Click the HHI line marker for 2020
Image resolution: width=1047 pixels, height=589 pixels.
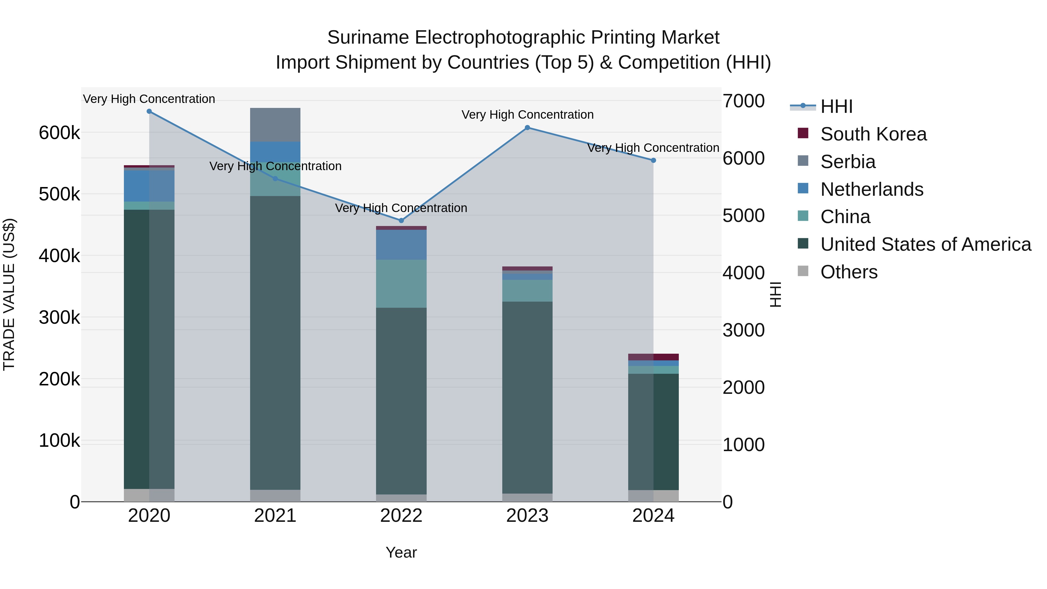[149, 111]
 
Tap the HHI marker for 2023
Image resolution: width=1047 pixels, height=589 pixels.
[527, 128]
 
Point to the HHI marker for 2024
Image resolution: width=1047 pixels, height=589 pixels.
[654, 161]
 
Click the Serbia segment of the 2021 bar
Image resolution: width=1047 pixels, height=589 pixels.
[275, 125]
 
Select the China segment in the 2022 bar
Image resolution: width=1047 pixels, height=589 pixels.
[401, 284]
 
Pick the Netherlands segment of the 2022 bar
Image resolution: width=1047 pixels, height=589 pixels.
[401, 245]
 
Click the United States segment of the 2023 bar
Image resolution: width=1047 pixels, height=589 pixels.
[527, 398]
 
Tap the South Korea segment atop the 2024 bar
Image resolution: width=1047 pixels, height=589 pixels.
[654, 357]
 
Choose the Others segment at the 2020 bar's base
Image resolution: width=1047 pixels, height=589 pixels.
[149, 495]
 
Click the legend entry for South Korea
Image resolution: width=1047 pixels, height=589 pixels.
[873, 134]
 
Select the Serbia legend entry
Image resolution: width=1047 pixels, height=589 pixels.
[847, 162]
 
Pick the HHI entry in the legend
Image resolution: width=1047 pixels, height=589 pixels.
[836, 106]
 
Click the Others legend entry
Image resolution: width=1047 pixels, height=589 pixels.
[849, 272]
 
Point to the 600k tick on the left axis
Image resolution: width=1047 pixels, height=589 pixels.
[59, 133]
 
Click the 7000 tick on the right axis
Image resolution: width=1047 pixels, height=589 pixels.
[743, 101]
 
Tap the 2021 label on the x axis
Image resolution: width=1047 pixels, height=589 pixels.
[275, 516]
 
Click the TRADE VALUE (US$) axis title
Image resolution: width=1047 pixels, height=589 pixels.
[9, 294]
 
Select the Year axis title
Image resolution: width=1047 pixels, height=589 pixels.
[401, 552]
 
